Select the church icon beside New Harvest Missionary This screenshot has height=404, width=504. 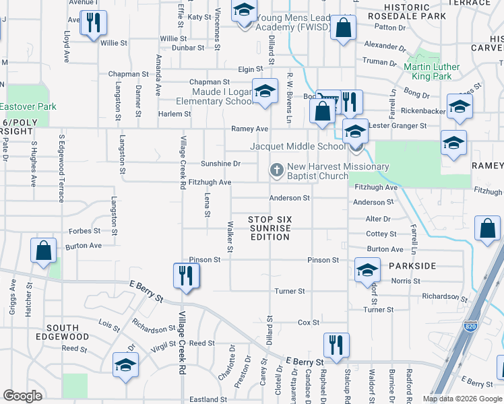[x=276, y=172]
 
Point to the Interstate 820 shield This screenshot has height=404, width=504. [x=470, y=327]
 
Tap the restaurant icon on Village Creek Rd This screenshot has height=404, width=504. [x=183, y=275]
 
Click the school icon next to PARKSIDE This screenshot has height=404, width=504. [x=367, y=269]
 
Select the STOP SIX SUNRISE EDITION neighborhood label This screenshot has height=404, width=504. [x=270, y=228]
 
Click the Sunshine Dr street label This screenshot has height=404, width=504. [x=220, y=164]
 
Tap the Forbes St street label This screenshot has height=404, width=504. [x=84, y=230]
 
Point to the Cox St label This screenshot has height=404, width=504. [x=309, y=323]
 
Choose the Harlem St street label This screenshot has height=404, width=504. [x=175, y=114]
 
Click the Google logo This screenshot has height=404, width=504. [x=22, y=396]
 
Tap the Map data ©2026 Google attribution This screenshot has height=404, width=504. [x=462, y=399]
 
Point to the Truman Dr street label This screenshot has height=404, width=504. [x=380, y=62]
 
